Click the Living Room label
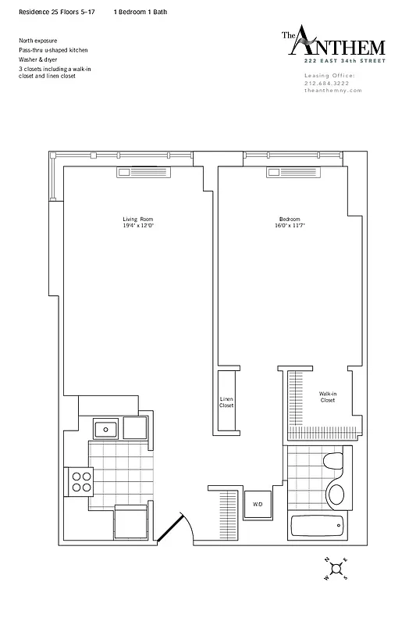pyautogui.click(x=135, y=218)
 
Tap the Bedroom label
pyautogui.click(x=289, y=218)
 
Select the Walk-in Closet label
pyautogui.click(x=327, y=397)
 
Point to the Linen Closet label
pyautogui.click(x=226, y=403)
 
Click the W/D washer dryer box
pyautogui.click(x=258, y=504)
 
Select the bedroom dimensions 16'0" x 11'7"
pyautogui.click(x=289, y=226)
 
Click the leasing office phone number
pyautogui.click(x=329, y=83)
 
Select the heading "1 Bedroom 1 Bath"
pyautogui.click(x=140, y=13)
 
